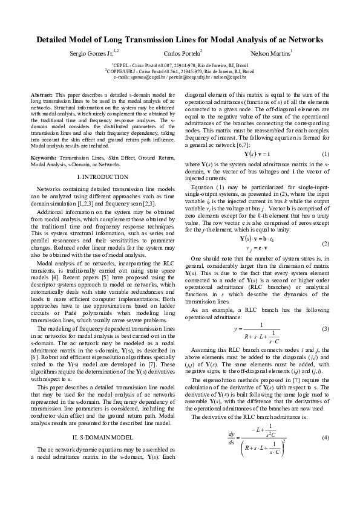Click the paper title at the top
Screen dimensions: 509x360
pyautogui.click(x=180, y=40)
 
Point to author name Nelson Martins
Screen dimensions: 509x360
pyautogui.click(x=270, y=54)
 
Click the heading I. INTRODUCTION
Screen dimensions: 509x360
pyautogui.click(x=103, y=177)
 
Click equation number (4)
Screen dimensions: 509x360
pyautogui.click(x=324, y=437)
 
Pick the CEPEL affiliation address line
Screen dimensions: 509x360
pyautogui.click(x=180, y=65)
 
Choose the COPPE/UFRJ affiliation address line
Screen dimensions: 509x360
pyautogui.click(x=180, y=71)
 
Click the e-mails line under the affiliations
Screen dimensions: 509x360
pyautogui.click(x=180, y=77)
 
